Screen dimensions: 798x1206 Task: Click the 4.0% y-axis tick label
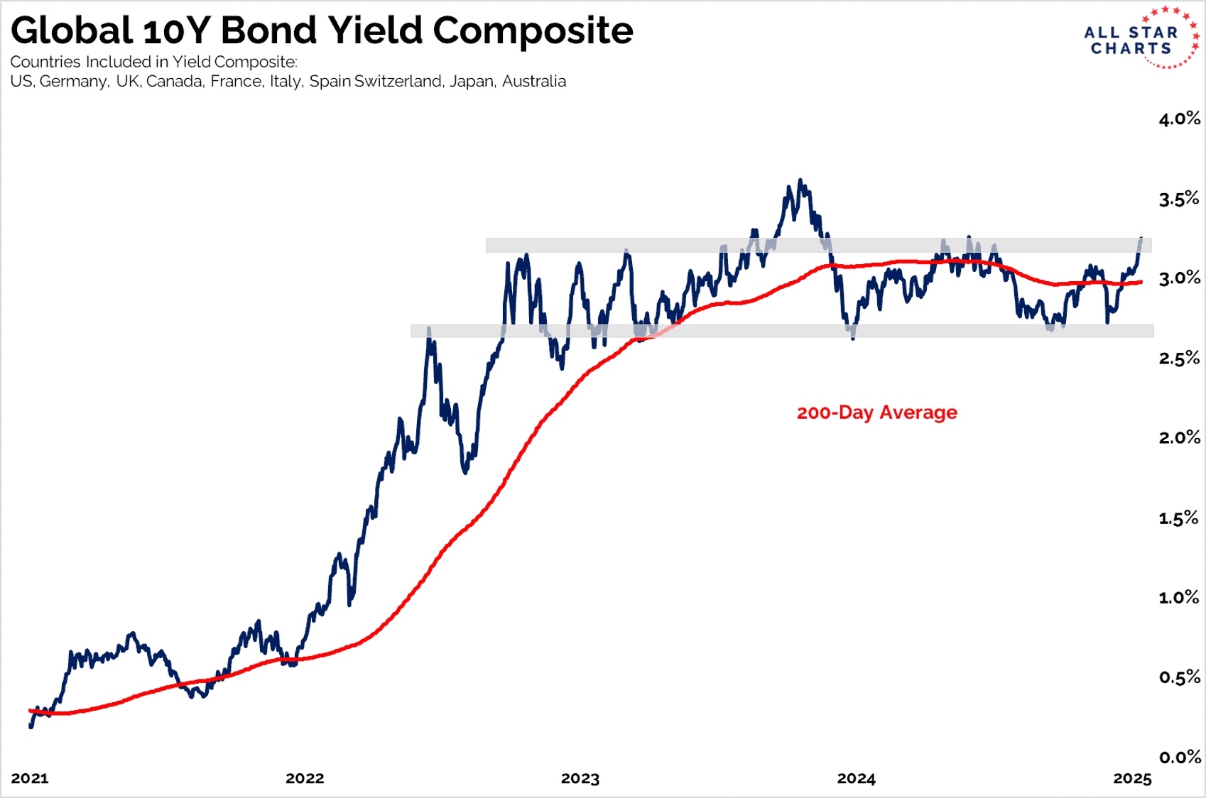1179,119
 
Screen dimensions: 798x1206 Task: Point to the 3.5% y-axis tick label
1179,199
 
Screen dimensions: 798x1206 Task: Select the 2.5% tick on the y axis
1179,358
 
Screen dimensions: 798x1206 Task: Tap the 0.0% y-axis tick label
1179,757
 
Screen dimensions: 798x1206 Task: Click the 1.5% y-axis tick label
1179,518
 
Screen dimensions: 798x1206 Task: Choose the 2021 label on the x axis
30,778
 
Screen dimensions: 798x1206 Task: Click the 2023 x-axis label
580,778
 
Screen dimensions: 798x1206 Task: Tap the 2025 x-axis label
1132,778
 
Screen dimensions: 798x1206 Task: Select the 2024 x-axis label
856,778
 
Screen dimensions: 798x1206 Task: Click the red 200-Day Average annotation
876,412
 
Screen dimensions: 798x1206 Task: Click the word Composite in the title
533,31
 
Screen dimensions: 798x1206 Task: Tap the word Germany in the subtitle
74,82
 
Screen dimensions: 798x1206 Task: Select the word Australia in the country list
533,82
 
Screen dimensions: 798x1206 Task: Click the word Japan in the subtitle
471,82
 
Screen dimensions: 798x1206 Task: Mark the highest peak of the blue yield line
800,180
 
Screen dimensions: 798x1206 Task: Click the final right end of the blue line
1141,239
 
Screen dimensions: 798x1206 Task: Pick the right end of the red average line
1141,282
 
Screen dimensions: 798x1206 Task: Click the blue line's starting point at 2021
31,726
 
